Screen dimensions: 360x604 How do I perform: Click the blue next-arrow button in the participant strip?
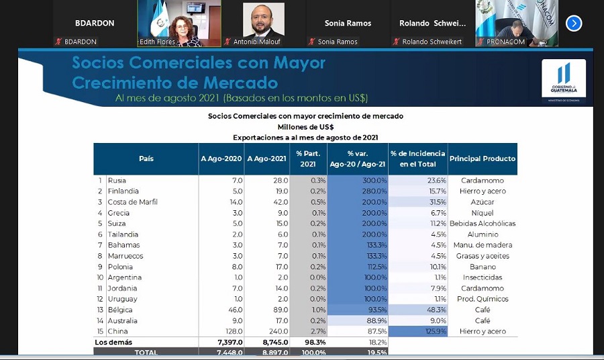(574, 23)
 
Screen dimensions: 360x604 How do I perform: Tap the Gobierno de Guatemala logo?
(564, 80)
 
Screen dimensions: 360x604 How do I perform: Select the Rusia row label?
(117, 181)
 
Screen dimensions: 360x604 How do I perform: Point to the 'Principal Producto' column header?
(483, 159)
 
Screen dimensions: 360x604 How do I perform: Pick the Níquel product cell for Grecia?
(483, 213)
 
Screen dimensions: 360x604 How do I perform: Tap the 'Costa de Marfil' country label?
(132, 202)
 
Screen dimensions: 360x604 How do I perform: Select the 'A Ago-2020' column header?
(221, 159)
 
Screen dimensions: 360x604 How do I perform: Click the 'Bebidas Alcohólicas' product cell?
(483, 224)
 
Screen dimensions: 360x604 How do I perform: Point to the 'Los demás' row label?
(110, 343)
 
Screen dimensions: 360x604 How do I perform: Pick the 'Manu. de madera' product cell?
(483, 245)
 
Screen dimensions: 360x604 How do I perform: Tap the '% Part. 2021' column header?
(308, 159)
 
